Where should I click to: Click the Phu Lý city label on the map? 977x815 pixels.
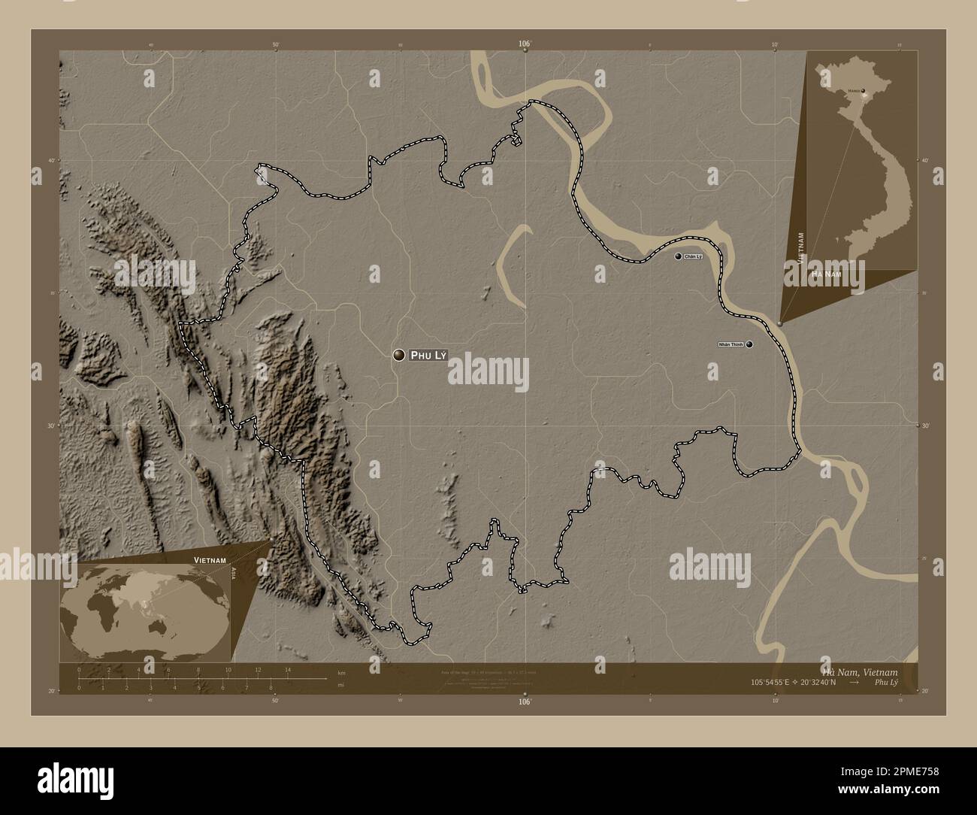tap(428, 356)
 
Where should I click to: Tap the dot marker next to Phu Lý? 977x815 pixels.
tap(399, 356)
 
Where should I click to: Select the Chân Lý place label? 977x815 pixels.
tap(693, 257)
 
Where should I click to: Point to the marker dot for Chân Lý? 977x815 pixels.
tap(679, 257)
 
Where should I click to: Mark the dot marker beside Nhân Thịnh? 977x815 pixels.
tap(749, 344)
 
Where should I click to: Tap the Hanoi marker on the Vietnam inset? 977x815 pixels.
tap(863, 91)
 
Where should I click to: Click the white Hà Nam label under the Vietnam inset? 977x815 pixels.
tap(826, 276)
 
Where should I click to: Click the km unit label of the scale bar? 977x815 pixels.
tap(341, 672)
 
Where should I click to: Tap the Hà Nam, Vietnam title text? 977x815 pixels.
tap(870, 671)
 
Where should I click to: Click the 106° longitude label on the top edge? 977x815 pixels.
tap(525, 44)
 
